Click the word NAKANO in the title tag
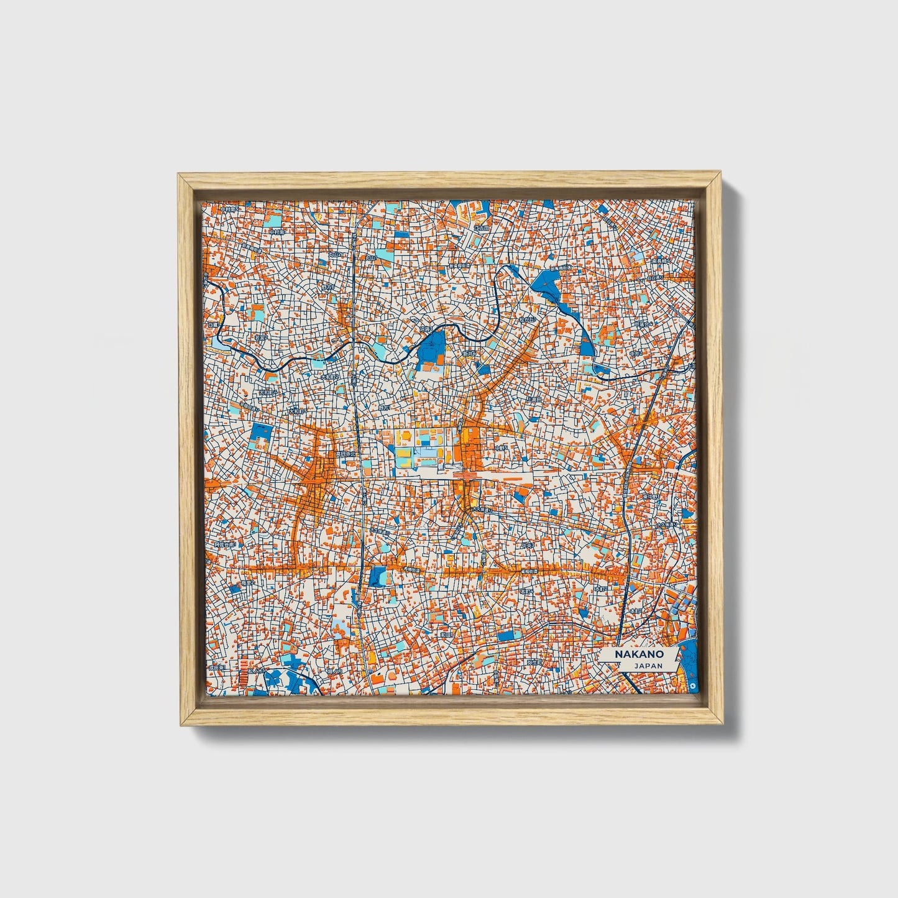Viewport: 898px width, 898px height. tap(639, 654)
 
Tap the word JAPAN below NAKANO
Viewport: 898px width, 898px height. tap(648, 665)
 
